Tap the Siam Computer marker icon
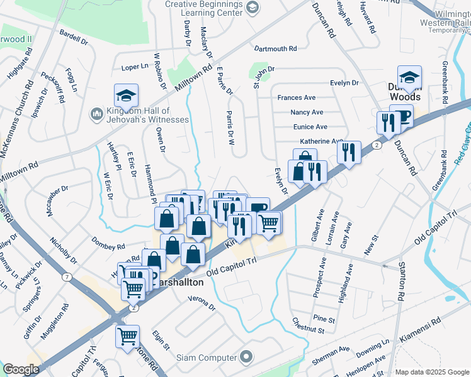[x=246, y=358]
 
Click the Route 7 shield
[x=67, y=276]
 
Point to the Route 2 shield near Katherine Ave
[x=376, y=145]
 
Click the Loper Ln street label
[x=133, y=67]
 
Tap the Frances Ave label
[x=297, y=98]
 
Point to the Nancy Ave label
[x=307, y=112]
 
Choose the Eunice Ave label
[x=309, y=127]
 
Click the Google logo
[x=21, y=369]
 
